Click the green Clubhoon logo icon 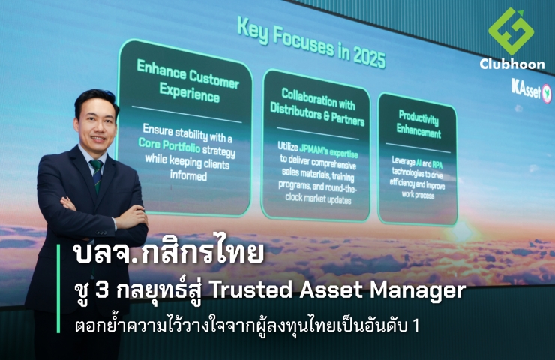pos(511,31)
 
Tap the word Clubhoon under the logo pos(512,64)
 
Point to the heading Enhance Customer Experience pos(188,81)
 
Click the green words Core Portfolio pos(169,145)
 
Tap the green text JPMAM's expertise pos(328,151)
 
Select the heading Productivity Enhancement pos(418,124)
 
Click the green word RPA pos(437,164)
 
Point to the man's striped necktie pos(96,175)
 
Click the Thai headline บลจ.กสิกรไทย pos(169,252)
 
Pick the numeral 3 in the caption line pos(101,291)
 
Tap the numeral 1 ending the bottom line pos(415,326)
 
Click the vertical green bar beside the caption pos(58,288)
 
